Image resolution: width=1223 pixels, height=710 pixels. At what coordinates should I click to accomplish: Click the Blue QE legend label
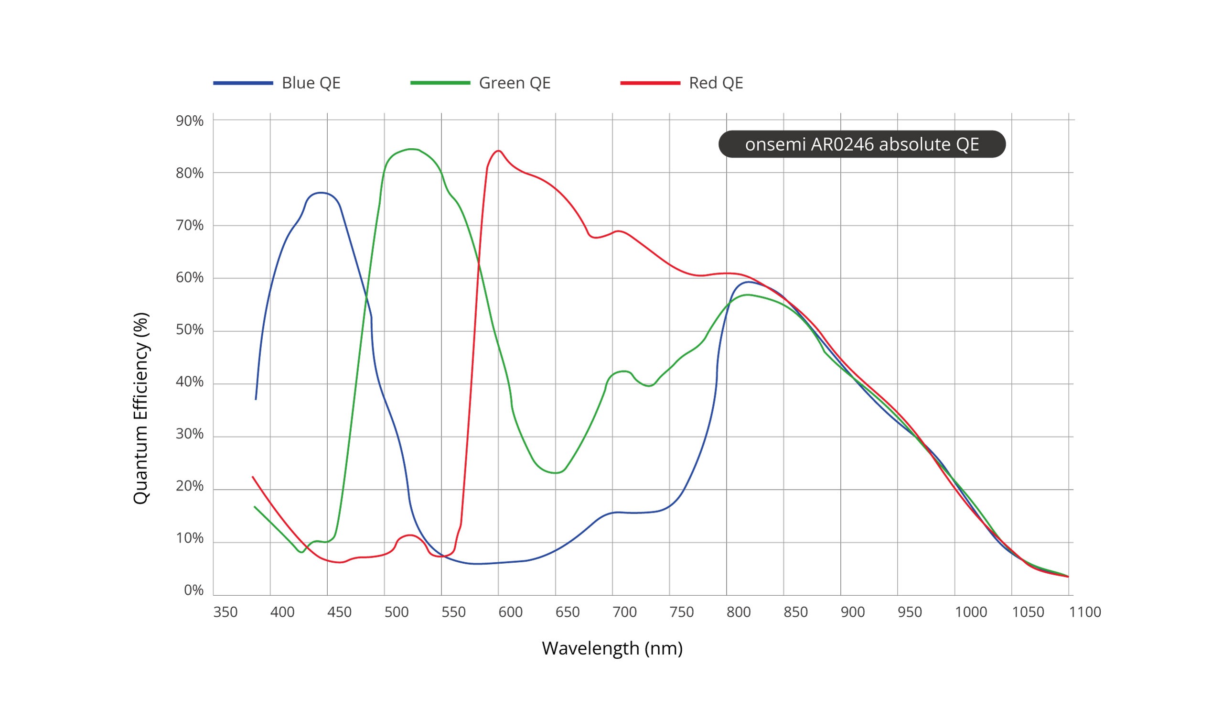coord(311,83)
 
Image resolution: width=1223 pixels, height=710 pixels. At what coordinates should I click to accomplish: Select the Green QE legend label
coord(515,83)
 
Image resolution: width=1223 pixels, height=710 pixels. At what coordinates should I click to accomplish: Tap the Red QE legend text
coord(716,83)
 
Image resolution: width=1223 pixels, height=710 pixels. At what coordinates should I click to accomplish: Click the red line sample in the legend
coord(650,83)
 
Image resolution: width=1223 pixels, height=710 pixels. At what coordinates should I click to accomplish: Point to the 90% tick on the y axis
coord(190,121)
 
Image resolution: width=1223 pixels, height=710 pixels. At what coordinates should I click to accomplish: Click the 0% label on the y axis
coord(193,590)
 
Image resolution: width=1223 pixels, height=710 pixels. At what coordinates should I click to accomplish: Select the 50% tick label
coord(190,330)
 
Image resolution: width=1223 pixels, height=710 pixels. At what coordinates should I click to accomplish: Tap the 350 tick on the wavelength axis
coord(225,612)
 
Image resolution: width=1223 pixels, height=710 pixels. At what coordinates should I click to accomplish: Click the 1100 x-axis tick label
coord(1084,612)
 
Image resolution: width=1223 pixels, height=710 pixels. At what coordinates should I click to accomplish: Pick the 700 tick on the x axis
coord(624,612)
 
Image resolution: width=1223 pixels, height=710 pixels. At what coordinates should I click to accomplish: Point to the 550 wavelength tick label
coord(453,612)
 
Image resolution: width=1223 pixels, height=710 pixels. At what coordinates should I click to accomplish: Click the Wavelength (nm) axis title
coord(612,648)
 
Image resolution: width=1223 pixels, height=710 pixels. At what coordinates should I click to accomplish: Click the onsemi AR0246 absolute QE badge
coord(861,144)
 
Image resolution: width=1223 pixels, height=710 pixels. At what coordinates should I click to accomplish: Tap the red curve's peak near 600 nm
coord(498,151)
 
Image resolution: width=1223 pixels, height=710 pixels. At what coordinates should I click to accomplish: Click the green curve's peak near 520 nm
coord(411,149)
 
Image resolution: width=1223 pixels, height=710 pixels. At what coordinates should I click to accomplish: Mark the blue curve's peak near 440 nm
coord(320,192)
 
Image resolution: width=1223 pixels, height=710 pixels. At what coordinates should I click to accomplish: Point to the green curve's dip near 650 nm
coord(556,473)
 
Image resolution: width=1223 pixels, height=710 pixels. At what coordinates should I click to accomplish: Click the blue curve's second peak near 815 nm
coord(748,282)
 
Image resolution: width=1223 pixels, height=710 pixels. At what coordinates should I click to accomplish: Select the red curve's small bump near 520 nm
coord(410,535)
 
